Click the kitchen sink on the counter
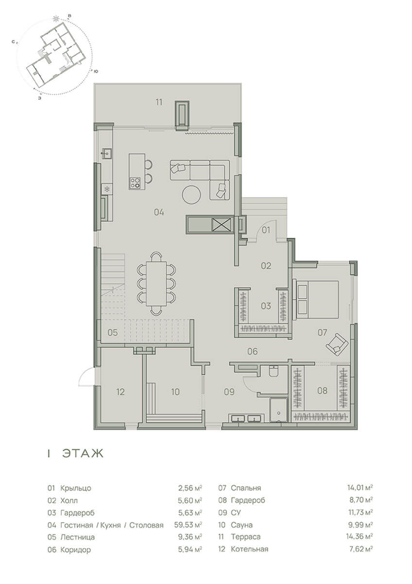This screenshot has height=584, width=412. [107, 153]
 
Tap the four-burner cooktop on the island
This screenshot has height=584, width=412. [135, 182]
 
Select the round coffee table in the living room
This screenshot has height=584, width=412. [191, 194]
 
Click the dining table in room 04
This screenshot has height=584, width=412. [156, 283]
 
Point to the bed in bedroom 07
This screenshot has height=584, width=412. [316, 299]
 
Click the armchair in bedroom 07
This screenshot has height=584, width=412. [337, 345]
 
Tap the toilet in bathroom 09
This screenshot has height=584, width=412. [274, 371]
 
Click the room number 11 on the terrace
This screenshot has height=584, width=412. [159, 102]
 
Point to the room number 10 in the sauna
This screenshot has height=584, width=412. [175, 392]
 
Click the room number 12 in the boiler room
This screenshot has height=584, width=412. [120, 392]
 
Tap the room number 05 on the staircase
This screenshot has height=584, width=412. [113, 333]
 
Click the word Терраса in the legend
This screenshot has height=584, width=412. [246, 537]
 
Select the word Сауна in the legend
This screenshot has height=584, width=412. [241, 525]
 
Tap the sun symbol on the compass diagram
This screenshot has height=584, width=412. [55, 19]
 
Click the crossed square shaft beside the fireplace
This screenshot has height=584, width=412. [222, 224]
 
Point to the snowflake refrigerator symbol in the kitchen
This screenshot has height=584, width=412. [106, 189]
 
